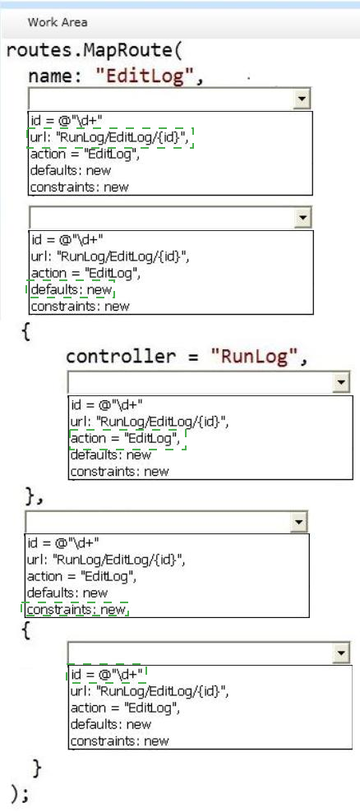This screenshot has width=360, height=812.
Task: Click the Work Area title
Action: pos(58,22)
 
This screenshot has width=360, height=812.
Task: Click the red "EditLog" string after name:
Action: pos(148,76)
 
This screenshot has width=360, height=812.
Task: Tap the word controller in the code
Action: pos(121,357)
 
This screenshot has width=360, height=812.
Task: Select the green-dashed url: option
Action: pos(111,137)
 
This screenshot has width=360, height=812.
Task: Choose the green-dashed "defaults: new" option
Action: pos(71,289)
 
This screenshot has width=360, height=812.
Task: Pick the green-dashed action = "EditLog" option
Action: pos(127,439)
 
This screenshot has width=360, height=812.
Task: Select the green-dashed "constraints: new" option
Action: pos(76,610)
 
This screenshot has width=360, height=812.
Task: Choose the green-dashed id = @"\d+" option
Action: pos(107,674)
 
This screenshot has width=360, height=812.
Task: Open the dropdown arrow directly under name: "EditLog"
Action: pos(302,99)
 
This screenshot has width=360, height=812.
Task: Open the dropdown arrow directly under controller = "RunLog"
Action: pos(341,382)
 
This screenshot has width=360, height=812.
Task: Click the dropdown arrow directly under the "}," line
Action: pos(299,522)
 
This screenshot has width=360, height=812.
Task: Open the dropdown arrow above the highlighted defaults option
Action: pos(302,218)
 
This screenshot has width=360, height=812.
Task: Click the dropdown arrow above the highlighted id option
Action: pos(341,653)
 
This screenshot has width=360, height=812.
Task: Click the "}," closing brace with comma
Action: pos(35,496)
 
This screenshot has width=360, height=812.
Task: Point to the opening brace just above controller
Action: pos(25,331)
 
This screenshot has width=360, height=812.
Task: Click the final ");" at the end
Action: pos(20,793)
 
